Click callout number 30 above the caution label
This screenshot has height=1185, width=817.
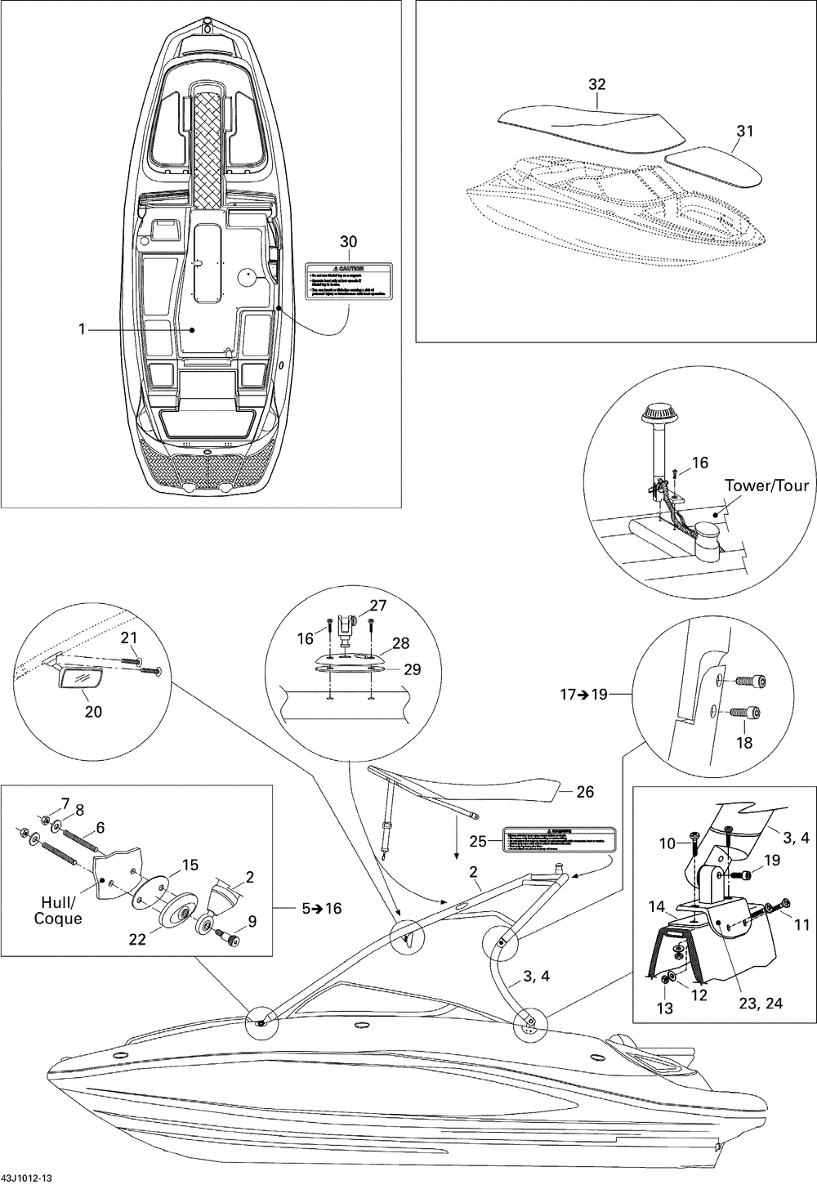(x=349, y=242)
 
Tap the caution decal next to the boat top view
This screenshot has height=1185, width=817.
(x=349, y=279)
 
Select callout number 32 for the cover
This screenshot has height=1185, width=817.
(x=597, y=84)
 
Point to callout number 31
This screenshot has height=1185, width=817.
(x=745, y=131)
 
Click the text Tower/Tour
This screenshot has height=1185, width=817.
(x=766, y=486)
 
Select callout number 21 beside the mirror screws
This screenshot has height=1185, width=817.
(x=130, y=637)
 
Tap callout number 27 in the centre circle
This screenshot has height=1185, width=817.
(x=377, y=606)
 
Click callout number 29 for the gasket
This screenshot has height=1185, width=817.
(x=413, y=669)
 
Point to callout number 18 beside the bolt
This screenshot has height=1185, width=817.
(x=745, y=743)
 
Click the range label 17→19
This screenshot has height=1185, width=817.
(x=585, y=695)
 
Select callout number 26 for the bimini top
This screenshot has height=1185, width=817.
(x=585, y=792)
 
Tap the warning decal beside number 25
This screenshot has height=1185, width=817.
(x=558, y=838)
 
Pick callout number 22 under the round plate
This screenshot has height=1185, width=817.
(x=136, y=940)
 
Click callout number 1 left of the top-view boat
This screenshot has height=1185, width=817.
(x=82, y=329)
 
